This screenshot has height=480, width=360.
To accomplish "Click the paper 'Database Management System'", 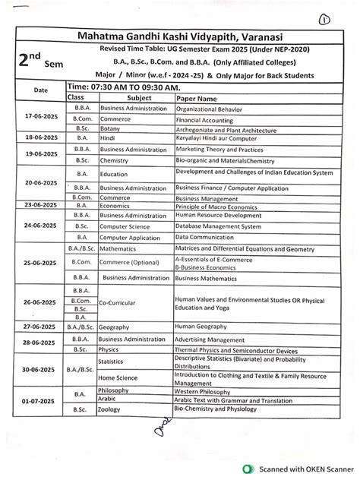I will tap(223, 226).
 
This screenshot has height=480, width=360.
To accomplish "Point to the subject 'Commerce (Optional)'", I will tap(132, 263).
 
